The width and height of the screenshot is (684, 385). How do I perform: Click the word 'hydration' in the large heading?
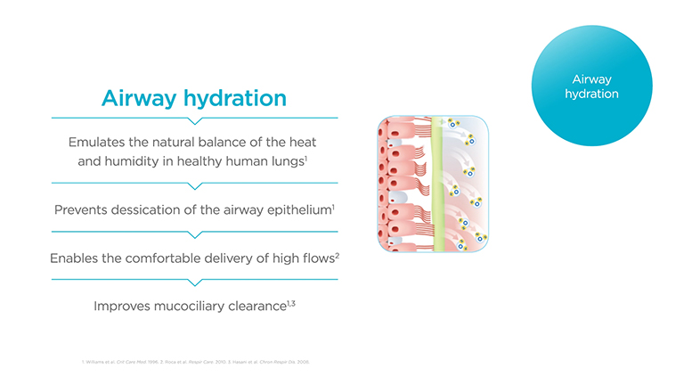point(242,98)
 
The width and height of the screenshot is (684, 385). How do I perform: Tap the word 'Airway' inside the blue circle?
point(591,79)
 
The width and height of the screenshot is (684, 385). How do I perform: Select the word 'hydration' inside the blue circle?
point(591,94)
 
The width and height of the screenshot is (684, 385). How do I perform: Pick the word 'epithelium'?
point(296,210)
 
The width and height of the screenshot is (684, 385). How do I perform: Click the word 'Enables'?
point(77,258)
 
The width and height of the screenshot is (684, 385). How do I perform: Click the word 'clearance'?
point(260,306)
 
